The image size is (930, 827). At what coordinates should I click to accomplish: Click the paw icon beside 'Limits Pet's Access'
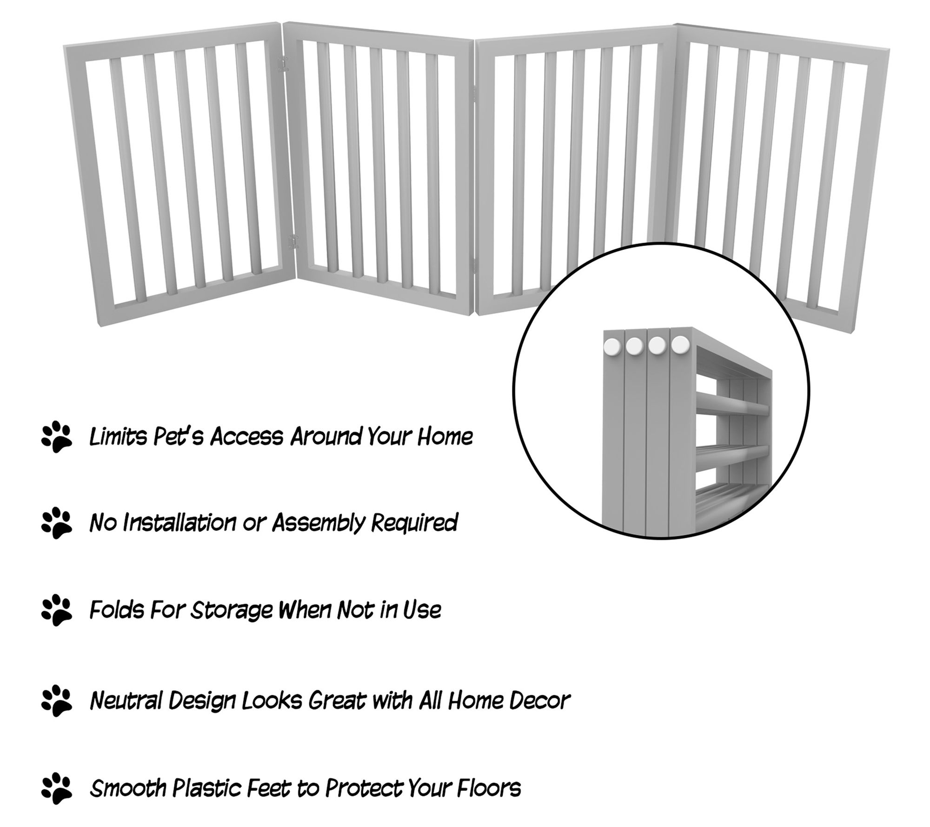pyautogui.click(x=56, y=437)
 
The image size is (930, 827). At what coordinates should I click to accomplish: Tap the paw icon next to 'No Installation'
pyautogui.click(x=56, y=523)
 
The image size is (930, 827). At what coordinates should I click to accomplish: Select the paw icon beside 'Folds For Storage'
pyautogui.click(x=56, y=610)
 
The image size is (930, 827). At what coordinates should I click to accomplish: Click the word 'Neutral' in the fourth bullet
pyautogui.click(x=125, y=700)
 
